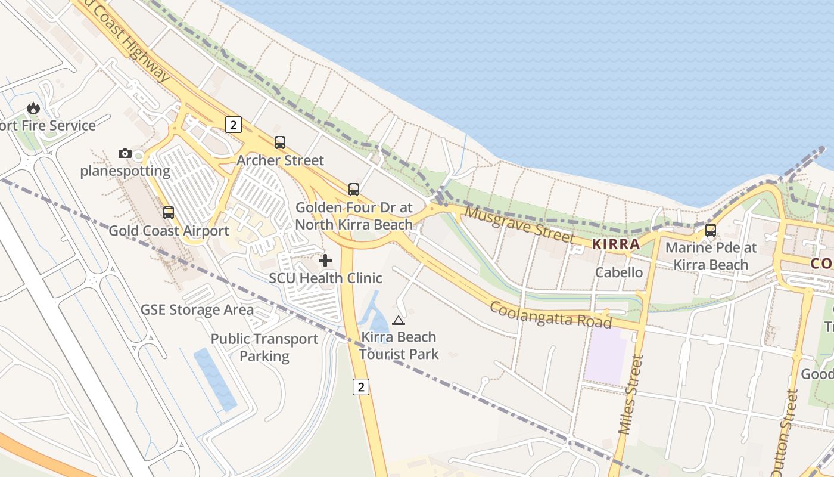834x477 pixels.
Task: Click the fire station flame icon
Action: click(x=33, y=108)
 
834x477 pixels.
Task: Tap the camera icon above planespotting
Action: click(x=125, y=153)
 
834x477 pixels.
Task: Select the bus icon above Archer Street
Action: click(x=279, y=143)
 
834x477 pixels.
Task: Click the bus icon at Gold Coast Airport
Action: click(x=169, y=212)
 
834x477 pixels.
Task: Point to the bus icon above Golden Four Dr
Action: click(x=354, y=190)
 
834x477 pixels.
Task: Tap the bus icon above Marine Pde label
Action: click(x=710, y=230)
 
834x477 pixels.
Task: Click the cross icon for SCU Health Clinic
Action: click(x=325, y=261)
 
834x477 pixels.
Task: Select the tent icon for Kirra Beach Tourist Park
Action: click(x=399, y=320)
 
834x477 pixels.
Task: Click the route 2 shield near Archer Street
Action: click(x=233, y=125)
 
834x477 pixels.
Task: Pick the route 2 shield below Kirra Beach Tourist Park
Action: click(x=360, y=387)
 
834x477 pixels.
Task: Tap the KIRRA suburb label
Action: click(x=616, y=244)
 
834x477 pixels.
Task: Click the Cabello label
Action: click(x=620, y=272)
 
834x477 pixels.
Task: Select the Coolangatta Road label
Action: click(x=550, y=314)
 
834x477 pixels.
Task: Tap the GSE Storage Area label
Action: click(x=197, y=310)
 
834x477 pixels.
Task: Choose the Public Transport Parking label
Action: click(x=264, y=348)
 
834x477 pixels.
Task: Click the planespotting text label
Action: click(x=125, y=172)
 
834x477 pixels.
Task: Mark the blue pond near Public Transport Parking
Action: click(x=214, y=379)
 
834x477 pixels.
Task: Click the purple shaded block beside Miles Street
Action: click(x=605, y=355)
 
